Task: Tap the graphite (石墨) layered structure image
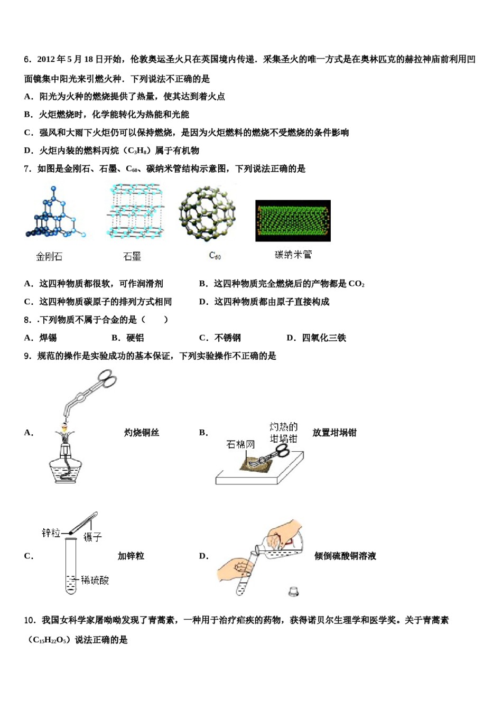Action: point(136,211)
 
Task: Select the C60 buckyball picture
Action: point(207,212)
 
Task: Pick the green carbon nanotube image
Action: point(293,221)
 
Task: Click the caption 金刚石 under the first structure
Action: point(49,257)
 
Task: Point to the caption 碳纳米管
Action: point(293,255)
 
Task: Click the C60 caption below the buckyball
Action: point(215,256)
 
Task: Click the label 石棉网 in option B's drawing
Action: point(240,445)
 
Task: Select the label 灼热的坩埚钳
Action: point(284,433)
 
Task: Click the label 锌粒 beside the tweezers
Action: point(51,533)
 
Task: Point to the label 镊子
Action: point(92,537)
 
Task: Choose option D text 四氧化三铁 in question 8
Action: point(324,338)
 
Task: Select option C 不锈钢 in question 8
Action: point(228,338)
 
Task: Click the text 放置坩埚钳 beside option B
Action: point(334,433)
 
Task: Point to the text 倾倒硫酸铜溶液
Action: point(345,556)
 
